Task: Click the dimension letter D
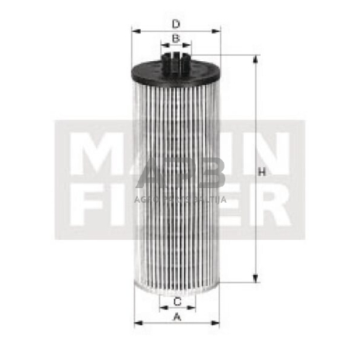coord(177,23)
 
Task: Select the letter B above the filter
coord(176,39)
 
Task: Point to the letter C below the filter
coord(177,300)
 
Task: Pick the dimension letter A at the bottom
coord(177,317)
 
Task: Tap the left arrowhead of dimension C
coord(162,307)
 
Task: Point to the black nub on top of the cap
coord(177,57)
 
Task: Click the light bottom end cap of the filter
coord(177,288)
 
